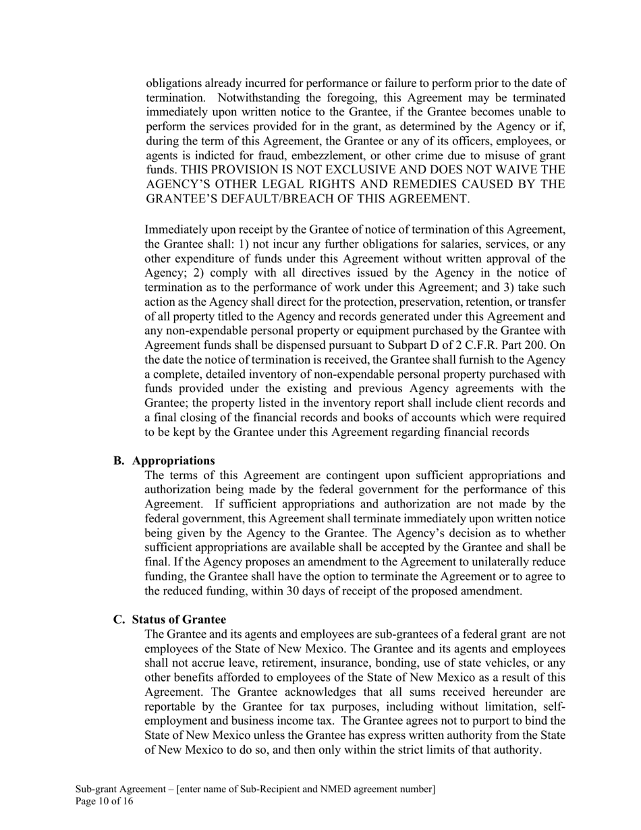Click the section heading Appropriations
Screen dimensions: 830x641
click(x=173, y=460)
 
